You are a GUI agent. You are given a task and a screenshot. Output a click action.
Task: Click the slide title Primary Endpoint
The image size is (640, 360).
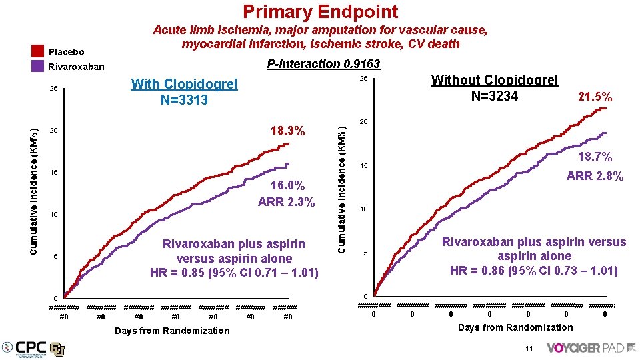click(320, 11)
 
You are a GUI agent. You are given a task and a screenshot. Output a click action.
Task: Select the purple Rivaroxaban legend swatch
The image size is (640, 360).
click(37, 67)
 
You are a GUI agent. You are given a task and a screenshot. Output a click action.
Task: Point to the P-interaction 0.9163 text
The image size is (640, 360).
click(323, 64)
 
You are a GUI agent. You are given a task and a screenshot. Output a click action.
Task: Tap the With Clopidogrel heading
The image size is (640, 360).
click(184, 84)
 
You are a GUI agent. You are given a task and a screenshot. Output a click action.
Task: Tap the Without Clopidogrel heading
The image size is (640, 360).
click(494, 80)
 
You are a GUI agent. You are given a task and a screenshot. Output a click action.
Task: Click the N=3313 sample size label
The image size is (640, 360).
click(184, 100)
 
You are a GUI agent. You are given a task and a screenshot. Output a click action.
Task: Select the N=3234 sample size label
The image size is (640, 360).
click(494, 96)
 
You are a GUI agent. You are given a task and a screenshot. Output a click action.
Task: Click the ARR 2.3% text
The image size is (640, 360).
click(286, 202)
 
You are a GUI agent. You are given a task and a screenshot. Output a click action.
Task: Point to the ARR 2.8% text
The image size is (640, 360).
click(595, 176)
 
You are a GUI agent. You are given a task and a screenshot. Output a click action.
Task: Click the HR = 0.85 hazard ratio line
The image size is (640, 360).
click(234, 273)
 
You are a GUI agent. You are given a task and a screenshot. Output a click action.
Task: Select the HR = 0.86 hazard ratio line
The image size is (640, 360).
click(533, 271)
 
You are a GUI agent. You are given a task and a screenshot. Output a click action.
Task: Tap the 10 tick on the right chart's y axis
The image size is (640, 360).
click(365, 210)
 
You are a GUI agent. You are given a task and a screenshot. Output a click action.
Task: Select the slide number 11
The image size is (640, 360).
click(528, 349)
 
